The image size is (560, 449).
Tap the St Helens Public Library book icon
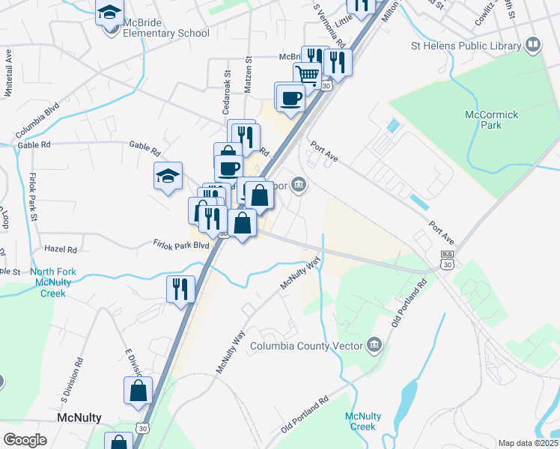[533, 46]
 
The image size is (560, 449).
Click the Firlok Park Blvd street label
[180, 245]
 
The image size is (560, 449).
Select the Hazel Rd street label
[61, 248]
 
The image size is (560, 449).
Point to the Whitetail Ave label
[9, 72]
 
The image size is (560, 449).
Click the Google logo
[25, 439]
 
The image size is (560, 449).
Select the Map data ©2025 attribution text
[527, 443]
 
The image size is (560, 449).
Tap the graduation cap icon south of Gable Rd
[168, 177]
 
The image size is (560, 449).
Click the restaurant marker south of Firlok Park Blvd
[180, 289]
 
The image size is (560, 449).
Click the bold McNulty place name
[79, 417]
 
